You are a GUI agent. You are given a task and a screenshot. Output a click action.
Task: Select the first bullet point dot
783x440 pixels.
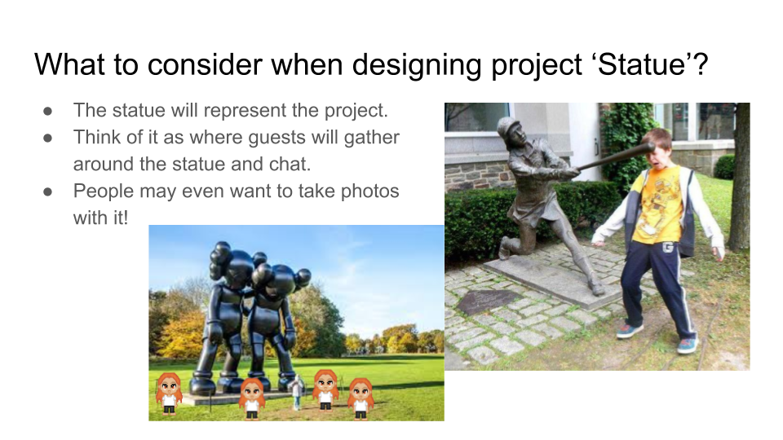[x=47, y=111]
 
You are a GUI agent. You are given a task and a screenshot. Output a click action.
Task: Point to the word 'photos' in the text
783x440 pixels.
[x=369, y=191]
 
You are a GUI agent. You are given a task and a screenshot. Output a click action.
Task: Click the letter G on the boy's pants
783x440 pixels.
[x=667, y=246]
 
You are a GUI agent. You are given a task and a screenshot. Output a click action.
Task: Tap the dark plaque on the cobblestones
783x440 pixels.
[x=488, y=301]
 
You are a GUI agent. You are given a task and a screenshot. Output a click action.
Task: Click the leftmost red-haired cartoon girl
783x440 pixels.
[x=169, y=394]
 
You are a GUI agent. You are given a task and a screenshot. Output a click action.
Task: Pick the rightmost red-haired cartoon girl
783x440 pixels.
[x=361, y=398]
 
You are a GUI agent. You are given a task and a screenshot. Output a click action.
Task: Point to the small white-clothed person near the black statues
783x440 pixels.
[x=297, y=393]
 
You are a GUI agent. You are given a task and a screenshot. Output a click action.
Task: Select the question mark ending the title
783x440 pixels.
[x=700, y=64]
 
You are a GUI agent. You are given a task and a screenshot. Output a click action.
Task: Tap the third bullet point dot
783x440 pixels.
[x=47, y=191]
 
